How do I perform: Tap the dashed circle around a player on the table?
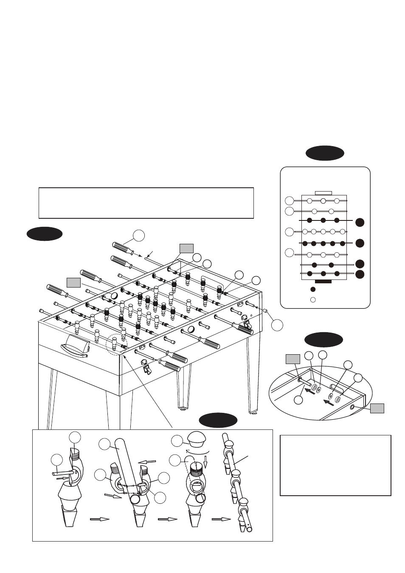click(x=116, y=344)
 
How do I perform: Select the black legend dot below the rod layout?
click(x=313, y=289)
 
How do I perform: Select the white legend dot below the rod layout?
click(x=313, y=299)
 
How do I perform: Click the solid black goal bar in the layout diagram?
click(x=323, y=281)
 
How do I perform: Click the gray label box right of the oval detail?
click(x=377, y=408)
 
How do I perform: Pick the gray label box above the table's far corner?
click(x=186, y=248)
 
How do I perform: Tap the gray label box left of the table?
click(x=73, y=282)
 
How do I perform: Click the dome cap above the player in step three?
click(x=196, y=439)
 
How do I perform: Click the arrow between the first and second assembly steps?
click(x=99, y=519)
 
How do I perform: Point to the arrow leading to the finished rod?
click(x=221, y=519)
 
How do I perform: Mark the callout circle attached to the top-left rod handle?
click(x=138, y=235)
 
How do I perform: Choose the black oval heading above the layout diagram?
click(x=325, y=153)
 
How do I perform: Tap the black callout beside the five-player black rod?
click(x=360, y=243)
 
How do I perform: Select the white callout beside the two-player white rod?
click(x=289, y=211)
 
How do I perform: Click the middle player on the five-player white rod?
click(x=323, y=231)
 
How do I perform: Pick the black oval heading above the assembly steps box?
click(x=218, y=420)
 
